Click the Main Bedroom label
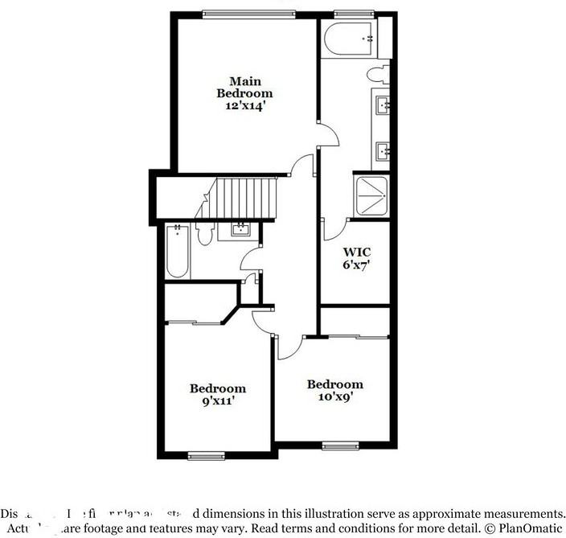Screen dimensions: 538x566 [x=244, y=87]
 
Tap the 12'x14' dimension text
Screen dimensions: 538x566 [x=244, y=105]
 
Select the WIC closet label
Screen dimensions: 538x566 [x=355, y=250]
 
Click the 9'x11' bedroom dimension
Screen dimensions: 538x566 [x=217, y=400]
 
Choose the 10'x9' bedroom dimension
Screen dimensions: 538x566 [x=334, y=396]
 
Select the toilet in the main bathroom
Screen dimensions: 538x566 [x=377, y=76]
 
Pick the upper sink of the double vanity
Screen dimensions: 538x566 [x=382, y=104]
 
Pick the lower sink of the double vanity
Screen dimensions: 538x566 [x=382, y=150]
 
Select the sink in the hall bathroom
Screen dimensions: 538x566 [x=240, y=230]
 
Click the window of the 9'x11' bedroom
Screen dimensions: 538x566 [x=201, y=456]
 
